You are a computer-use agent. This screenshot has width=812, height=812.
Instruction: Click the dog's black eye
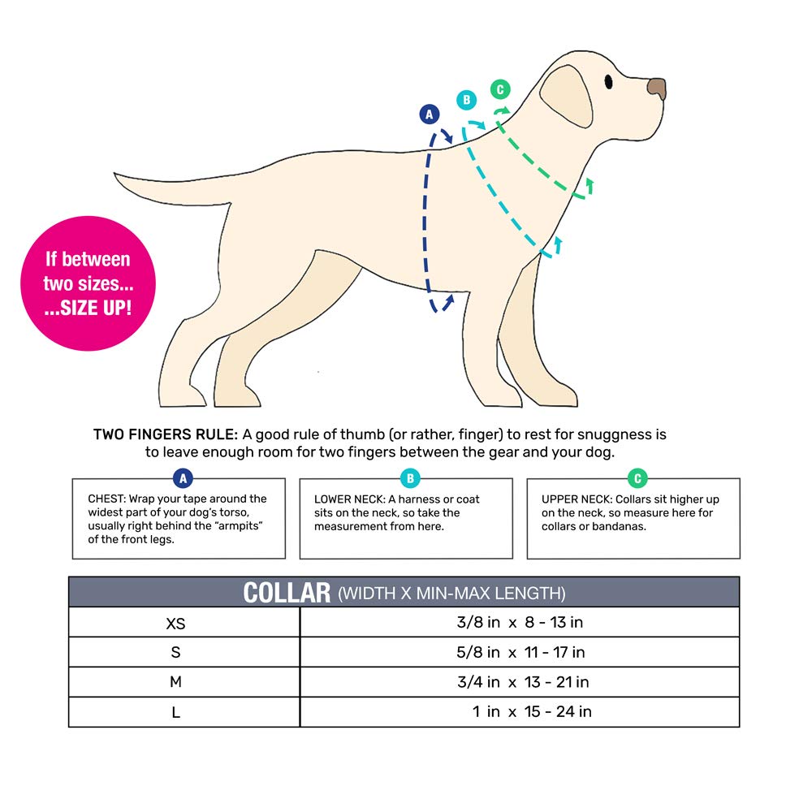[x=609, y=81]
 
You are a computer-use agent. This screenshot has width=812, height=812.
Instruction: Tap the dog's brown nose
[x=657, y=88]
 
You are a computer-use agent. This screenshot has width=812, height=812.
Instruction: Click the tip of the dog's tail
[x=118, y=175]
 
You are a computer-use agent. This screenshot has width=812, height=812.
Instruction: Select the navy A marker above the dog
[x=430, y=114]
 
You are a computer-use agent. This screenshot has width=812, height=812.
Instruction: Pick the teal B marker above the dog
[x=466, y=101]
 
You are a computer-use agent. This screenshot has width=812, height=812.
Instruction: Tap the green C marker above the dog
[x=499, y=89]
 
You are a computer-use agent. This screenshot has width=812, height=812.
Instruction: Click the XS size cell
[x=175, y=623]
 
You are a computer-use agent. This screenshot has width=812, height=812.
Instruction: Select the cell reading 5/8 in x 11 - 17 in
[x=520, y=652]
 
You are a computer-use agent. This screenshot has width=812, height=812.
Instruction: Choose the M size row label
[x=175, y=682]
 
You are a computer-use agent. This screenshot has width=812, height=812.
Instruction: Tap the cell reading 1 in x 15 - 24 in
[x=532, y=712]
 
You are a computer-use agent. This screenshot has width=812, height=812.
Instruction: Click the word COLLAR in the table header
[x=287, y=593]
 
